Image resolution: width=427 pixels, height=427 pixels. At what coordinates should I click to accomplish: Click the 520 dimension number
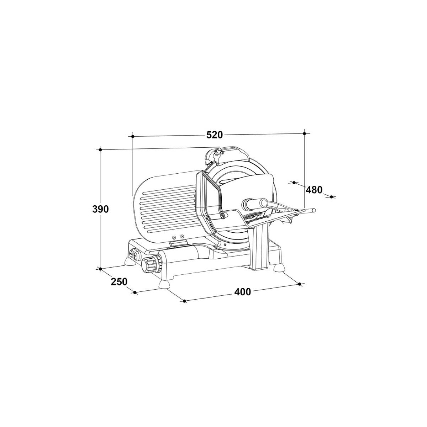214,135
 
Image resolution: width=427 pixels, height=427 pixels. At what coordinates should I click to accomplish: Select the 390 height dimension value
100,209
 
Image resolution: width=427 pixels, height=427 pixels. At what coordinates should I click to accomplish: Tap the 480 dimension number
314,190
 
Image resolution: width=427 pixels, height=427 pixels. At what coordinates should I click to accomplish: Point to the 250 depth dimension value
119,281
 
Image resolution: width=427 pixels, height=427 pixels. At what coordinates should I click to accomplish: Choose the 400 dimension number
242,292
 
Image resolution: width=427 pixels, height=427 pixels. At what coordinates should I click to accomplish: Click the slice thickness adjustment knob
152,263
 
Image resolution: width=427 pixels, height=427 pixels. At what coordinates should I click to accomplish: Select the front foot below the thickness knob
164,285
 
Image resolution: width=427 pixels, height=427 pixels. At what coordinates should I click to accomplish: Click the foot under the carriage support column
279,268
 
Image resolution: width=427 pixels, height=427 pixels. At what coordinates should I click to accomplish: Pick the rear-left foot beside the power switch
130,261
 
